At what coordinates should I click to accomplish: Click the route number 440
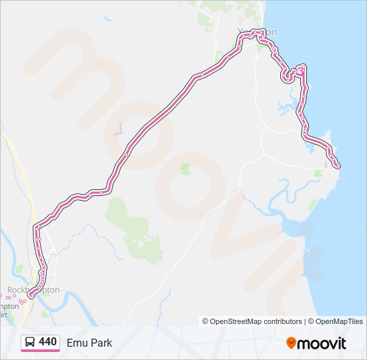coord(47,342)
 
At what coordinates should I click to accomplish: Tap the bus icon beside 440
coord(30,343)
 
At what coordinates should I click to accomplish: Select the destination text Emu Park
coord(89,343)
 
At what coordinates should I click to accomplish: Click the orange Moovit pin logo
coord(291,343)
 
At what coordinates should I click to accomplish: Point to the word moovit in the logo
coord(322,343)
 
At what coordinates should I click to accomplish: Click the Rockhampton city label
coord(33,290)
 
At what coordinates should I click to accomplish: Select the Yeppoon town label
coord(257,31)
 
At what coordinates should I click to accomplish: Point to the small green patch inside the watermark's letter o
coord(186,169)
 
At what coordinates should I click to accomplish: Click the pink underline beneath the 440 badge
coord(40,351)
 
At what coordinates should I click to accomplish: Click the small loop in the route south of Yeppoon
coord(288,75)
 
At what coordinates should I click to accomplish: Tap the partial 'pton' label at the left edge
coord(9,306)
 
